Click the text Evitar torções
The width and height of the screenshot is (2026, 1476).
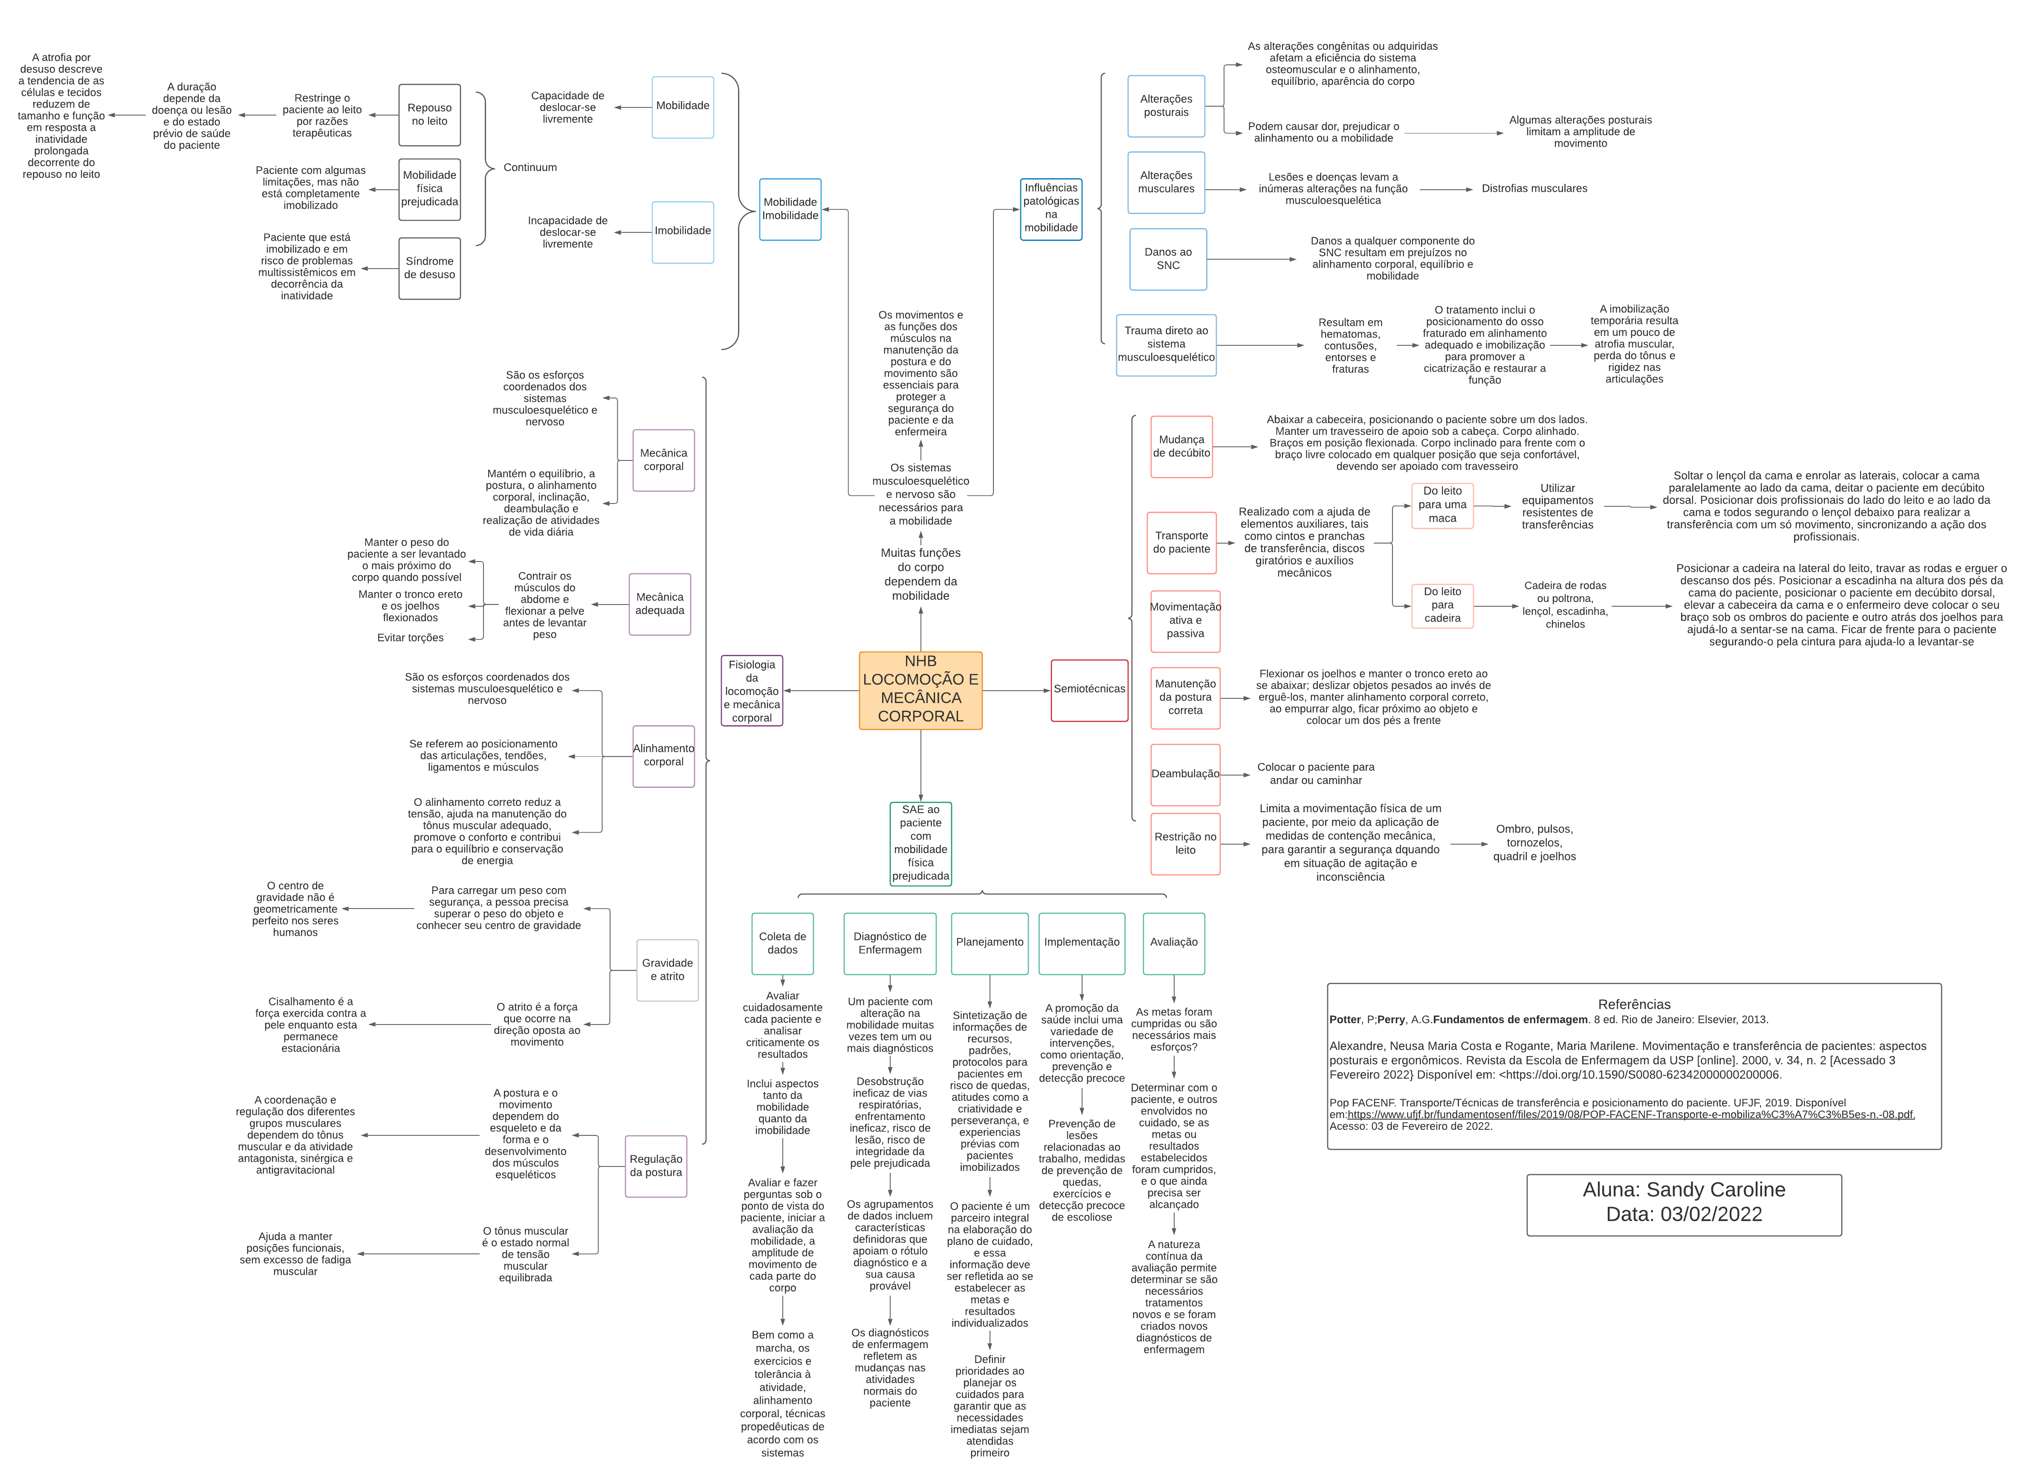pyautogui.click(x=410, y=638)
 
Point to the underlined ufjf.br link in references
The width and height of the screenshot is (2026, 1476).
pyautogui.click(x=1630, y=1114)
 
